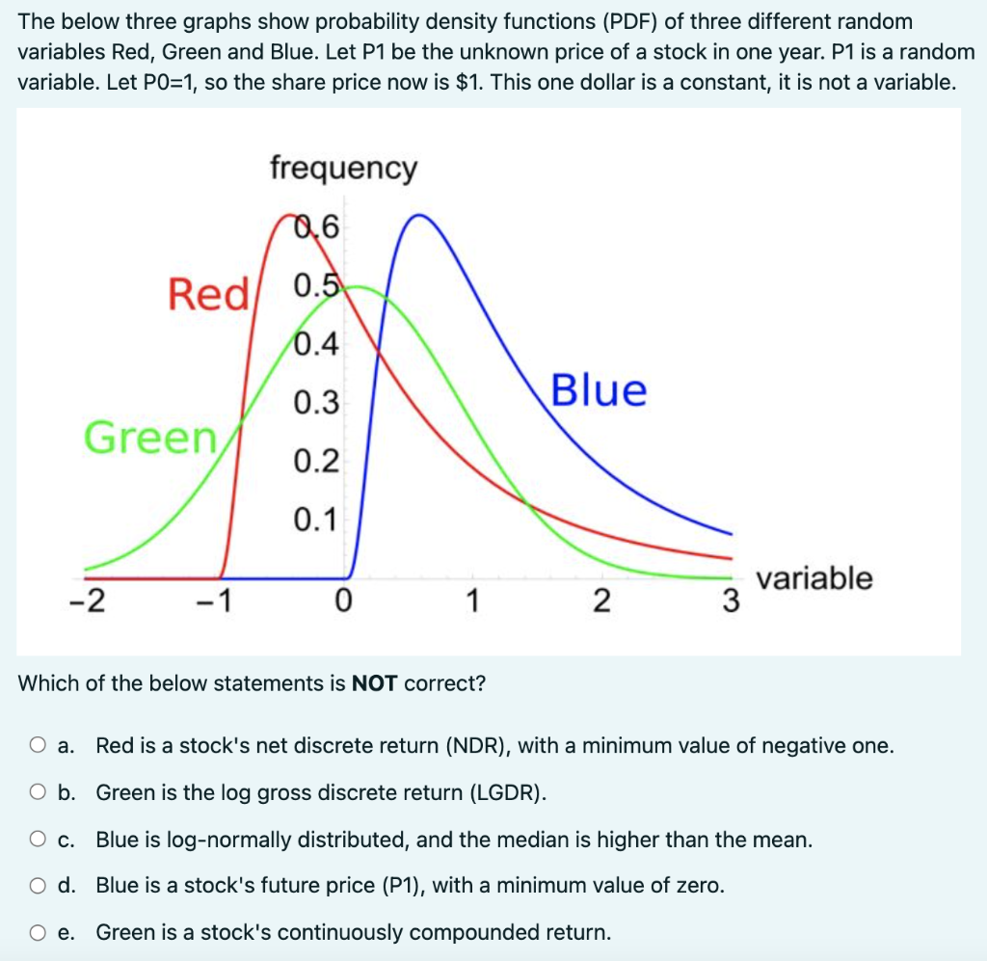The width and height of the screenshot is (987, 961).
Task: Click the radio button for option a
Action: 37,746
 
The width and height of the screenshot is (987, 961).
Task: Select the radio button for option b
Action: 37,793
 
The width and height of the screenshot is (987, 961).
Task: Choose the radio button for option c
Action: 37,840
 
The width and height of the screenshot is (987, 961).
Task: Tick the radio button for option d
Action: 37,886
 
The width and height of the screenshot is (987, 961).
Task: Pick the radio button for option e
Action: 37,932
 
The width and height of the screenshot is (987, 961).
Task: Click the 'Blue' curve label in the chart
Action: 598,390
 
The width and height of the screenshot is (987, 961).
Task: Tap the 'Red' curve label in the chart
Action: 207,293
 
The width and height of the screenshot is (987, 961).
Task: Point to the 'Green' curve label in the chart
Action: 150,438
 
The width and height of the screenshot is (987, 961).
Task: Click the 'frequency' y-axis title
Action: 343,168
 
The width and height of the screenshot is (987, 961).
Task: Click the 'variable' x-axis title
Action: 814,578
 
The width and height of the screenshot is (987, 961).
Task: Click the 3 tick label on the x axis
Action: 731,602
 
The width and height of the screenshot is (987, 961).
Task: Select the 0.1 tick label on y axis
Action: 316,521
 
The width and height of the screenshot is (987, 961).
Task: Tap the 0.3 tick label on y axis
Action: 316,403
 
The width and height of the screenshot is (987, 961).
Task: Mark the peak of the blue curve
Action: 416,214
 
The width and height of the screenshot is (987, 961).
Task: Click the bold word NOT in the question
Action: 375,684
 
